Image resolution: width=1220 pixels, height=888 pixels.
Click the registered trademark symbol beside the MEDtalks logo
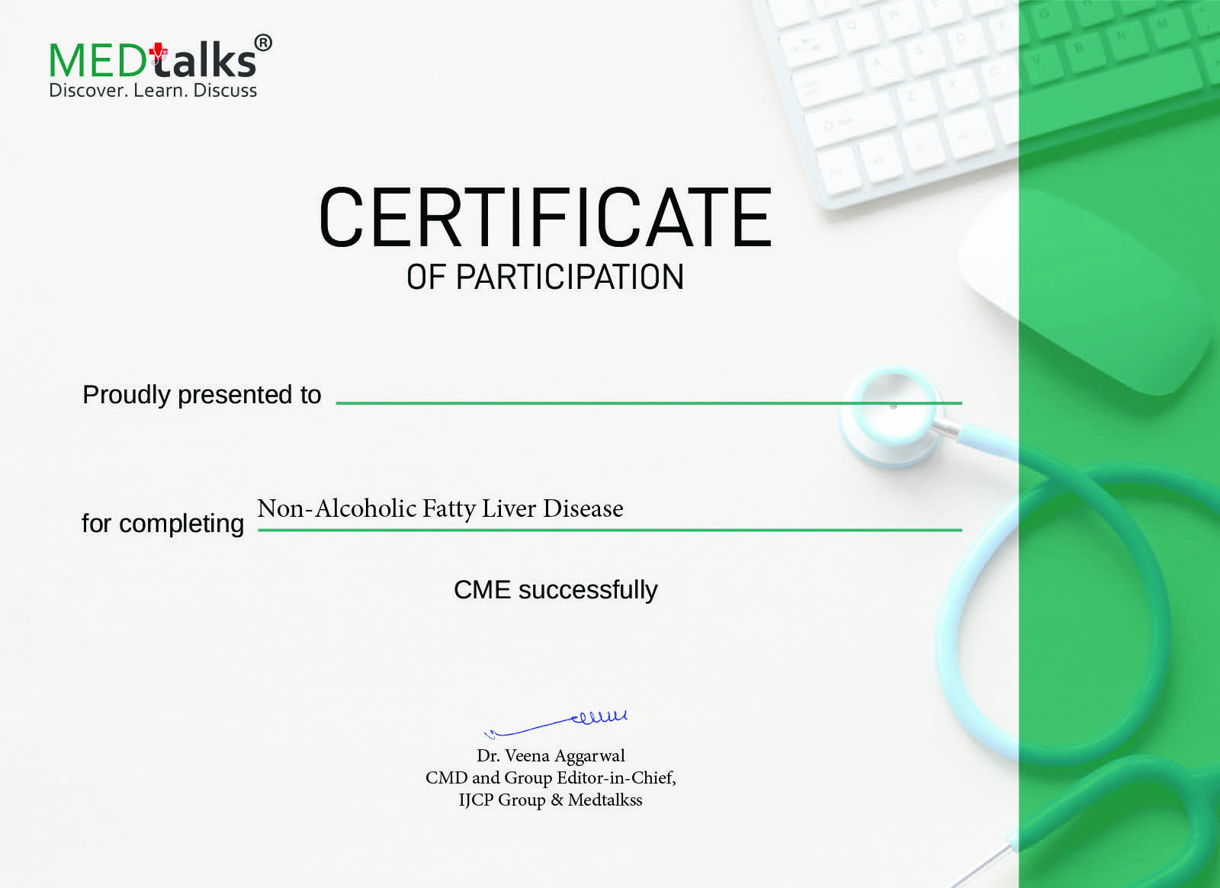pyautogui.click(x=263, y=43)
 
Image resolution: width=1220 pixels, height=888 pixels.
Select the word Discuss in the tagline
pyautogui.click(x=225, y=91)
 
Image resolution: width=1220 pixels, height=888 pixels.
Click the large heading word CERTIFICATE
pyautogui.click(x=545, y=217)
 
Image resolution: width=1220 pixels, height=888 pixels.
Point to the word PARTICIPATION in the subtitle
pyautogui.click(x=570, y=277)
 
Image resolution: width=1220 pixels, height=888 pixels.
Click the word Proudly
pyautogui.click(x=127, y=396)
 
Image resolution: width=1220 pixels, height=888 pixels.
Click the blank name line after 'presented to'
pyautogui.click(x=649, y=403)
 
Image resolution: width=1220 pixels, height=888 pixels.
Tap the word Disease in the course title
pyautogui.click(x=583, y=508)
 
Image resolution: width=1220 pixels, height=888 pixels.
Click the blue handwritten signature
pyautogui.click(x=555, y=723)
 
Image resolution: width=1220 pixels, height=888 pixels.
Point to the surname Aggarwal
pyautogui.click(x=589, y=757)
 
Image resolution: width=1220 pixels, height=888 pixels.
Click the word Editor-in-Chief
pyautogui.click(x=616, y=778)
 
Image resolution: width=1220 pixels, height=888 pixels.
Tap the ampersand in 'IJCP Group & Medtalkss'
pyautogui.click(x=557, y=800)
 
